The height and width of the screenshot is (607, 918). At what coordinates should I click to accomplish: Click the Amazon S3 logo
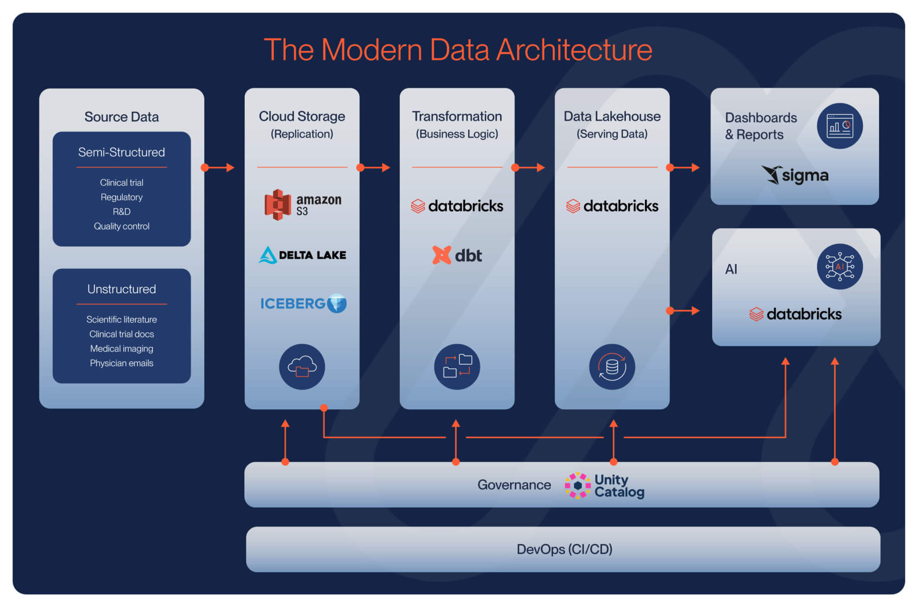[x=303, y=205]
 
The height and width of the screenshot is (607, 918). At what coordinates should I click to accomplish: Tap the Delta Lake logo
[x=303, y=255]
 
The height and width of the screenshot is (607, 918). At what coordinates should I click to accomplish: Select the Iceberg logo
[x=303, y=303]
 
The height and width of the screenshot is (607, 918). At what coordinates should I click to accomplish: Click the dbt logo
[x=457, y=255]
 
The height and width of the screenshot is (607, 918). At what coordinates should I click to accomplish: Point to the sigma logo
[x=795, y=175]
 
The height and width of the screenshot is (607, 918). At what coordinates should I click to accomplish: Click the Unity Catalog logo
[x=604, y=486]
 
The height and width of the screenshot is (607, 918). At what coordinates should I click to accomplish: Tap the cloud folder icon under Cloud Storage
[x=302, y=366]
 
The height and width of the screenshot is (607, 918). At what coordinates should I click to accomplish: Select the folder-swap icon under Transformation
[x=457, y=366]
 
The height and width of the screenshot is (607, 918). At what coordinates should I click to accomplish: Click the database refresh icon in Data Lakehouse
[x=612, y=366]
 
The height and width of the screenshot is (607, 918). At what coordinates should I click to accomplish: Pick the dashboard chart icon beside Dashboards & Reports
[x=840, y=126]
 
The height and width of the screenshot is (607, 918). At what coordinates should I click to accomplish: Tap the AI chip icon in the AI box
[x=840, y=267]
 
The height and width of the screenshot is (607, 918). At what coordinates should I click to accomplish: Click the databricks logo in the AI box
[x=795, y=314]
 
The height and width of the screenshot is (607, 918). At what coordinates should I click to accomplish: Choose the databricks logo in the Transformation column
[x=457, y=206]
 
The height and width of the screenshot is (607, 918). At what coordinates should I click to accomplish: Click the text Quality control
[x=121, y=226]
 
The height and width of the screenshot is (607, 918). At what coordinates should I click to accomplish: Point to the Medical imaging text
[x=121, y=349]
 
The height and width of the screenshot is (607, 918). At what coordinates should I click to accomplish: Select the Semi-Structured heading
[x=121, y=152]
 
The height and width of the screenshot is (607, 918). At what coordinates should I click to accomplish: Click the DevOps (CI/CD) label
[x=564, y=549]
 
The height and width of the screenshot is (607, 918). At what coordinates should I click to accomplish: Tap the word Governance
[x=514, y=485]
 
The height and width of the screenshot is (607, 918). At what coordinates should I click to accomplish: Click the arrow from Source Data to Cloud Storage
[x=218, y=168]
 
